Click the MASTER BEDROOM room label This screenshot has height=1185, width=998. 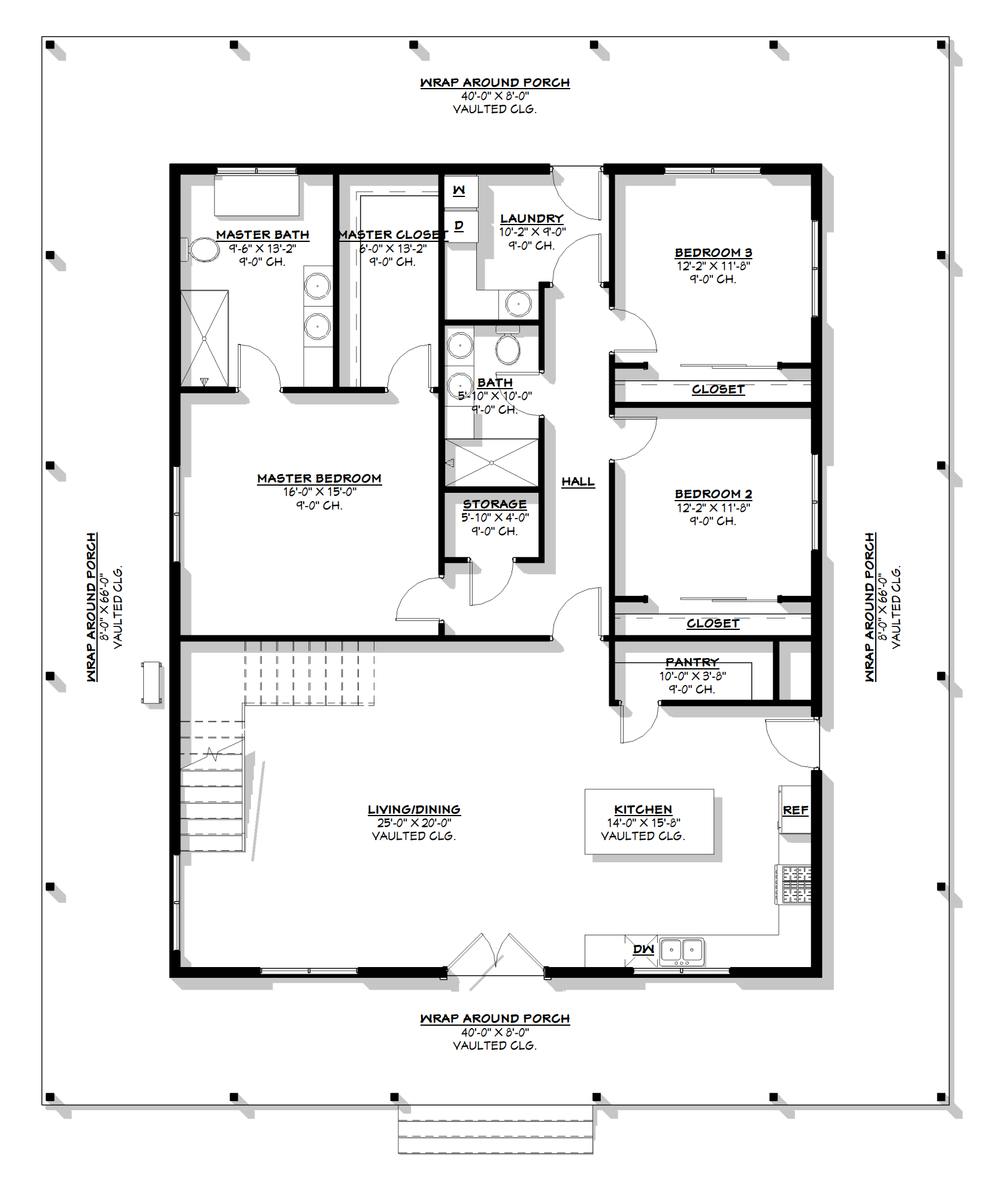[319, 478]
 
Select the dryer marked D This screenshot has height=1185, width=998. [461, 226]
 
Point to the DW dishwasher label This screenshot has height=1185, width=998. [643, 949]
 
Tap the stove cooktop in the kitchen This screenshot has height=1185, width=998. [794, 884]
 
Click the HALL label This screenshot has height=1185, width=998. [578, 481]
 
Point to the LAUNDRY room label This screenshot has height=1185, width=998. [532, 219]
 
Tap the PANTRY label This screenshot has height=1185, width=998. [692, 662]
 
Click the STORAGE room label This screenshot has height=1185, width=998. [495, 504]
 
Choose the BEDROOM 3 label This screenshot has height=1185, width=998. [713, 253]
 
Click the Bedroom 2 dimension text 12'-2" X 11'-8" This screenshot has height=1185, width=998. [713, 508]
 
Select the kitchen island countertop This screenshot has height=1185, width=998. [649, 821]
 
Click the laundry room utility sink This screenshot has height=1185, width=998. [518, 304]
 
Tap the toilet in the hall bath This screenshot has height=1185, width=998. [508, 347]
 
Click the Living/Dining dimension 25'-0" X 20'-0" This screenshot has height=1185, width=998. [414, 823]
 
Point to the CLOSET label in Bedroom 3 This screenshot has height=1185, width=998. [718, 389]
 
